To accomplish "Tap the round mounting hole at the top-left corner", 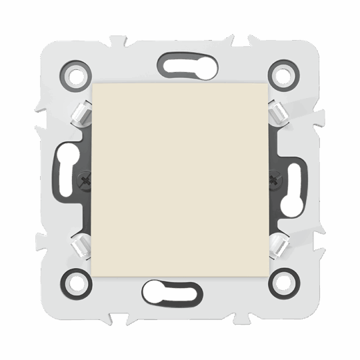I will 76,75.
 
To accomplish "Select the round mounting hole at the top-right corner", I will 283,75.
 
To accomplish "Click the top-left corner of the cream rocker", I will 93,85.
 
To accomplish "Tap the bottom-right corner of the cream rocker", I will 267,275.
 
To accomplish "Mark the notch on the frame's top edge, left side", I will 119,40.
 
